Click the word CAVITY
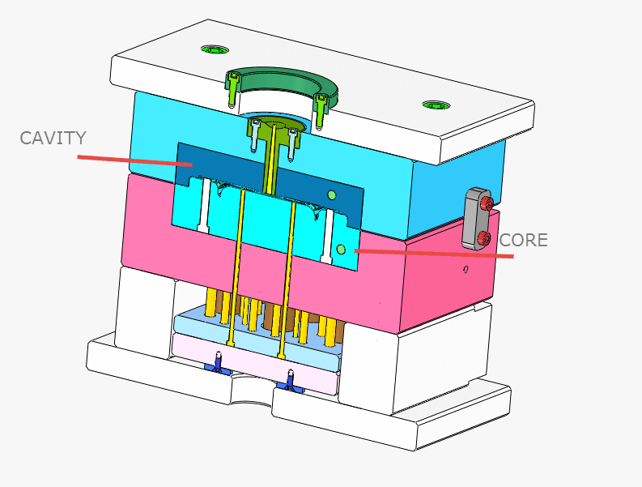point(53,138)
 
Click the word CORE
point(523,240)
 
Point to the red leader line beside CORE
point(437,254)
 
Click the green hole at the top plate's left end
point(215,49)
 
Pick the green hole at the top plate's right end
point(435,105)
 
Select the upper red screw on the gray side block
point(486,203)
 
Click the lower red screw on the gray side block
point(483,237)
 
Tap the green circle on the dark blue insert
point(331,194)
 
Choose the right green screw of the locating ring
point(321,109)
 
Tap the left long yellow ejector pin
point(237,267)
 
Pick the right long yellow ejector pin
point(287,276)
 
